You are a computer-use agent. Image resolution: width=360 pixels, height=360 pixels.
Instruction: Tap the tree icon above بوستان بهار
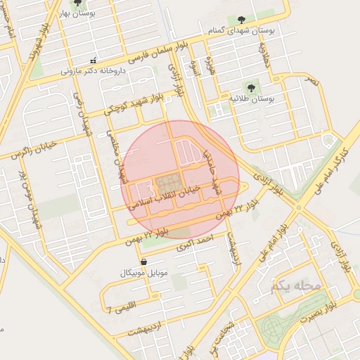coord(77,3)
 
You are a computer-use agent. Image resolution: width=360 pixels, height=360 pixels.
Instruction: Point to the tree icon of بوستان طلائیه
coord(248,87)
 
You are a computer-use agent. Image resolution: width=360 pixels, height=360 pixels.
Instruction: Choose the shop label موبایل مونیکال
coord(142,272)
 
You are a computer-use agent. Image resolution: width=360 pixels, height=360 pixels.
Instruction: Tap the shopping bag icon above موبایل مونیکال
coord(143,262)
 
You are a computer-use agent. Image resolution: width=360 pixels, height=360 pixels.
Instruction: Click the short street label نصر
coord(310,81)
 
